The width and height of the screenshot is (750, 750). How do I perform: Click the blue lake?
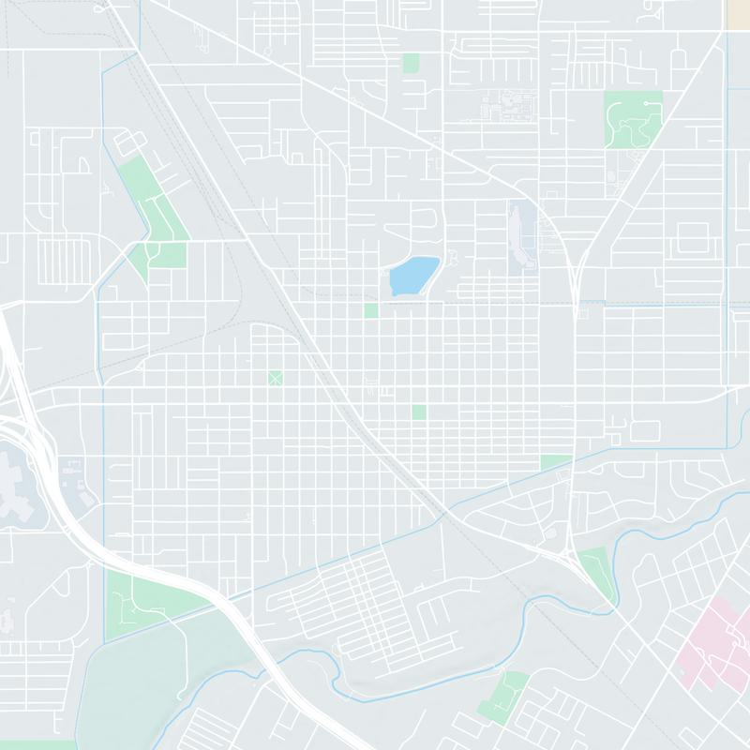point(413,276)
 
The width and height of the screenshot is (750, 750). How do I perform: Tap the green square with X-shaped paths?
point(275,378)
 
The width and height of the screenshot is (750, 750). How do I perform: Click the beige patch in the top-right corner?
point(738,12)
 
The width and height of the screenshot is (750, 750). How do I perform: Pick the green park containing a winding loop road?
point(634,118)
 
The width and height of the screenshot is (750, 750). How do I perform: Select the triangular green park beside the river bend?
point(596,572)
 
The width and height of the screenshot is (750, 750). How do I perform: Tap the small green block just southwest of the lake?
point(371,310)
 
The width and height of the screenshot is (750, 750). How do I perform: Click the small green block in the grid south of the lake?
point(418,412)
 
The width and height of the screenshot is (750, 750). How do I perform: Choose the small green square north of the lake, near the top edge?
point(411,63)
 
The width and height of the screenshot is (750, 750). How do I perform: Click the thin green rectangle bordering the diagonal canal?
point(555,461)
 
